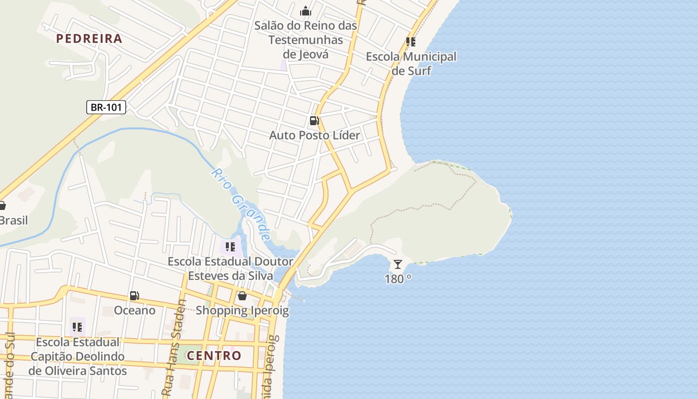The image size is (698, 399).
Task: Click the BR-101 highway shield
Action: coord(106,107)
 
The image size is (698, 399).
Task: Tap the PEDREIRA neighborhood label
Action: coord(89,39)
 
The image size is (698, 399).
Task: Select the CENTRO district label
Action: coord(214,356)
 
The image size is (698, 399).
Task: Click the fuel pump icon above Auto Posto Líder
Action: coord(314,121)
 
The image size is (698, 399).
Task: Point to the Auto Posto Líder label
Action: coord(315,135)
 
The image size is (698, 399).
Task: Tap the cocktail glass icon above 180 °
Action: coord(397,264)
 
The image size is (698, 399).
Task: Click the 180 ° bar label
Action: coord(398,279)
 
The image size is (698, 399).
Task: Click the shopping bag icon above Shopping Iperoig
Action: coord(242,296)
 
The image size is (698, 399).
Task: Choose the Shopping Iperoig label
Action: coord(242,310)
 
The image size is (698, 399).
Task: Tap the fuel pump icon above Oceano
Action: coord(134,296)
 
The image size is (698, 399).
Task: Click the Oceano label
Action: coord(135,310)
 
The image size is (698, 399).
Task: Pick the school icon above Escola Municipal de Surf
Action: coord(411,42)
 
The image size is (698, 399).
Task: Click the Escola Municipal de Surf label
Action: coord(411,63)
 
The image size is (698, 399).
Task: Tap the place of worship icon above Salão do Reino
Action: coord(305,11)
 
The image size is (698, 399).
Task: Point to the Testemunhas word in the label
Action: coord(306,40)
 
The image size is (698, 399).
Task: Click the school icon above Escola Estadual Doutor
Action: coord(230,246)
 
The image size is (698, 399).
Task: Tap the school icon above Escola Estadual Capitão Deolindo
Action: coord(77,327)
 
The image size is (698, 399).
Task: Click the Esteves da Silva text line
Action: coord(230,276)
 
